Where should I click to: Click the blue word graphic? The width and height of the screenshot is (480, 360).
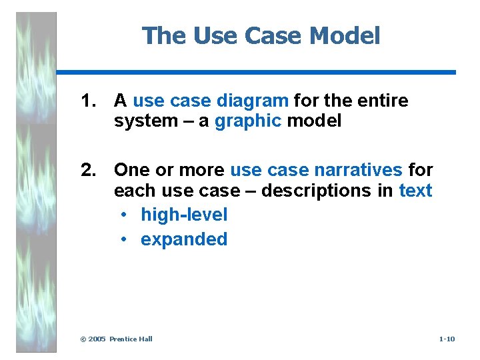[x=248, y=121]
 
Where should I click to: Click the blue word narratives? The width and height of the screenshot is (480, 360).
[x=358, y=170]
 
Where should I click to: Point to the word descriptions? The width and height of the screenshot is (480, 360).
[x=317, y=191]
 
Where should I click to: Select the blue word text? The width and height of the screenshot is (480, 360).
[x=415, y=191]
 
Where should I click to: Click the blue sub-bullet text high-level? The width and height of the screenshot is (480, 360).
[x=184, y=215]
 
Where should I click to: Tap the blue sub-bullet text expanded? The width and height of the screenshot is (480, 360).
[x=184, y=239]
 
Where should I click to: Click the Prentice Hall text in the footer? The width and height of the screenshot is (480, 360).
[x=131, y=339]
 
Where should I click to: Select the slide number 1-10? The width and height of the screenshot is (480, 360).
[x=447, y=339]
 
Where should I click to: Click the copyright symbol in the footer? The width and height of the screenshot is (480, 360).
[x=83, y=339]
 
